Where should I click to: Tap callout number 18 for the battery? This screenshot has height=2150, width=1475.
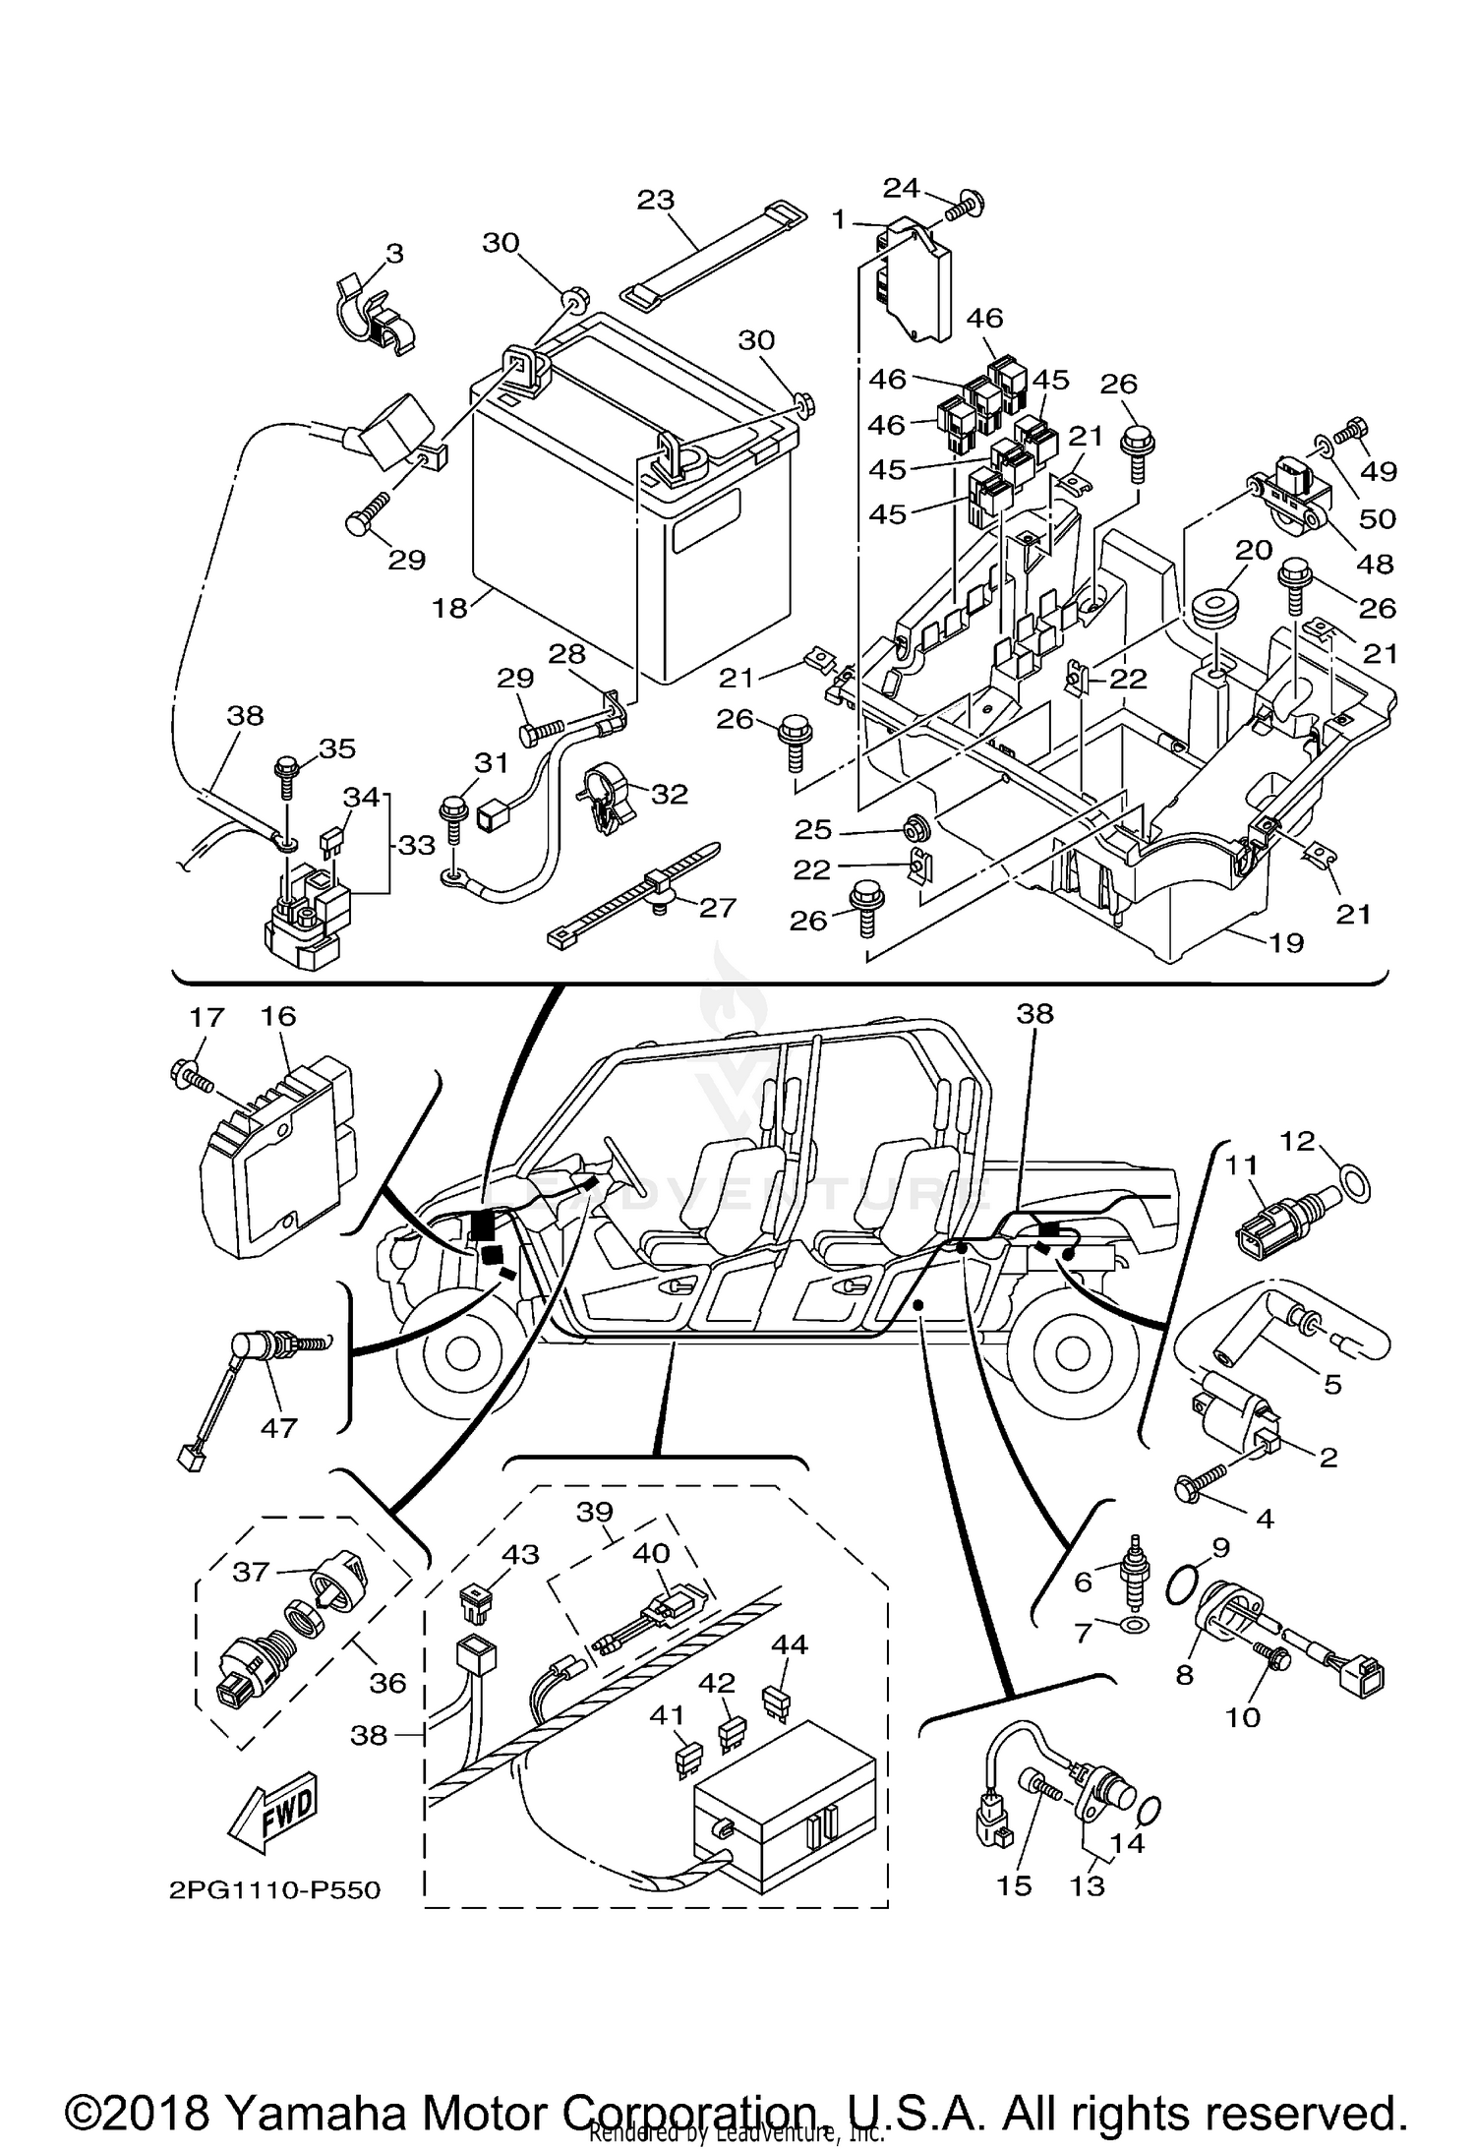(449, 608)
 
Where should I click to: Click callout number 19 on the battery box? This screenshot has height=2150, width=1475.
(1286, 942)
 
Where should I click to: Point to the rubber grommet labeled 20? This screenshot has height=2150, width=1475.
(1215, 607)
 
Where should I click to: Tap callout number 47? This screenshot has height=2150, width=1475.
(278, 1427)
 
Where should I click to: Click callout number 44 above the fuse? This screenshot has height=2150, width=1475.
(790, 1643)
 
